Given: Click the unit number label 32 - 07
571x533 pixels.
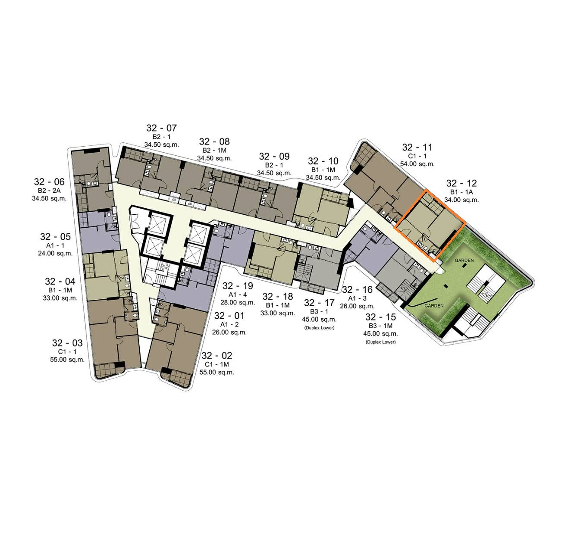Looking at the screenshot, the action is coord(161,128).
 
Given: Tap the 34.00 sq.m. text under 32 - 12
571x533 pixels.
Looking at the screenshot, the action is coord(461,200).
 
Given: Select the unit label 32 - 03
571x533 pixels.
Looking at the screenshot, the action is coord(67,343).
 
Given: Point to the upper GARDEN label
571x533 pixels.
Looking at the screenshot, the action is coord(464,260).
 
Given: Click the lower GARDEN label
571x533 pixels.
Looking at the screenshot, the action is coord(434,306).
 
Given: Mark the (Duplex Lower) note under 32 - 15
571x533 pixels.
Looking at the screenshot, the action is coord(381,342).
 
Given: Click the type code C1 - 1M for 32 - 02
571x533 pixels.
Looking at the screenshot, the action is coord(217,364).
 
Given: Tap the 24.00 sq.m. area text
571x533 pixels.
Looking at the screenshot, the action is coord(55,254).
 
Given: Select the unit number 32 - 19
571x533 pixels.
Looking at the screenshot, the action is coord(238,286).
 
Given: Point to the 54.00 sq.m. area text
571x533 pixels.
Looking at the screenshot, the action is coord(417,164).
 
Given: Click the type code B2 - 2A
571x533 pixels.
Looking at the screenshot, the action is coord(49,191).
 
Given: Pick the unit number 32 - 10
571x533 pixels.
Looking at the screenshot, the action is coord(323,161).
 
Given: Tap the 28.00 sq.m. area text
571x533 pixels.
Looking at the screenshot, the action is coord(238,303).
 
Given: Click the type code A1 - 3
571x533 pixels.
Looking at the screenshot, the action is coord(358,298).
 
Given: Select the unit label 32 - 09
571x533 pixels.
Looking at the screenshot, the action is coord(274,157).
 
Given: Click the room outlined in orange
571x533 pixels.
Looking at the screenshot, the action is coord(430,225).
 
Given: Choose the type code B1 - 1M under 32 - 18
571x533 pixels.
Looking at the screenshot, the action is coord(278,305).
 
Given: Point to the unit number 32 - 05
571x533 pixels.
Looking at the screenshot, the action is coord(55,237).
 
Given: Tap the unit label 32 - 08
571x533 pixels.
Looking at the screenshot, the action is coord(214,142).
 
